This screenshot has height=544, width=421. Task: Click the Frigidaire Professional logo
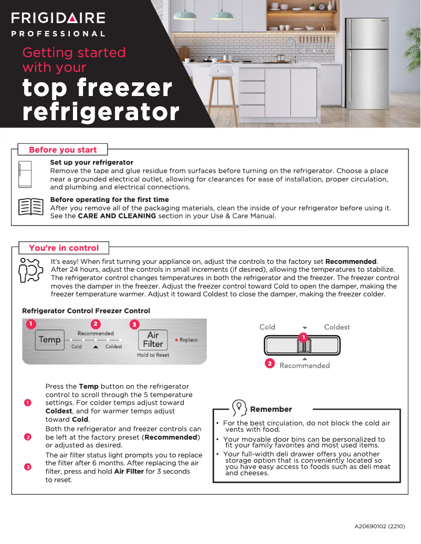click(x=58, y=24)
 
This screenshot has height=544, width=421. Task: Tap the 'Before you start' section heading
click(x=62, y=150)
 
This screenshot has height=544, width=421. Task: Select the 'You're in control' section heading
click(x=64, y=248)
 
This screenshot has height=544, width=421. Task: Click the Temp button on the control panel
click(x=50, y=339)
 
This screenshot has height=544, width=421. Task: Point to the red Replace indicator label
click(x=187, y=340)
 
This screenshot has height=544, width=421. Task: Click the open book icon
click(x=30, y=207)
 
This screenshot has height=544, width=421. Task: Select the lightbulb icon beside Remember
click(x=239, y=408)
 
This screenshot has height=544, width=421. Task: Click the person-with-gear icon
click(x=30, y=270)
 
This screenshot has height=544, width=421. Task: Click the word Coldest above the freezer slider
click(x=336, y=327)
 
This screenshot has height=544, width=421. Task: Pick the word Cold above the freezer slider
click(x=267, y=327)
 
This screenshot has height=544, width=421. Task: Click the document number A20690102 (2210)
click(x=380, y=526)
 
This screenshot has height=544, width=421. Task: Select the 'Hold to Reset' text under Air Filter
click(x=153, y=355)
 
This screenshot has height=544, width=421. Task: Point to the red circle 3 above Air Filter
click(x=134, y=324)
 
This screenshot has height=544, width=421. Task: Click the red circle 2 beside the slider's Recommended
click(x=270, y=363)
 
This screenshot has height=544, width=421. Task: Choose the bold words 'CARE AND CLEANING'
click(x=117, y=216)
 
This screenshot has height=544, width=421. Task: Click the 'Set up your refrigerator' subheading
click(x=91, y=163)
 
